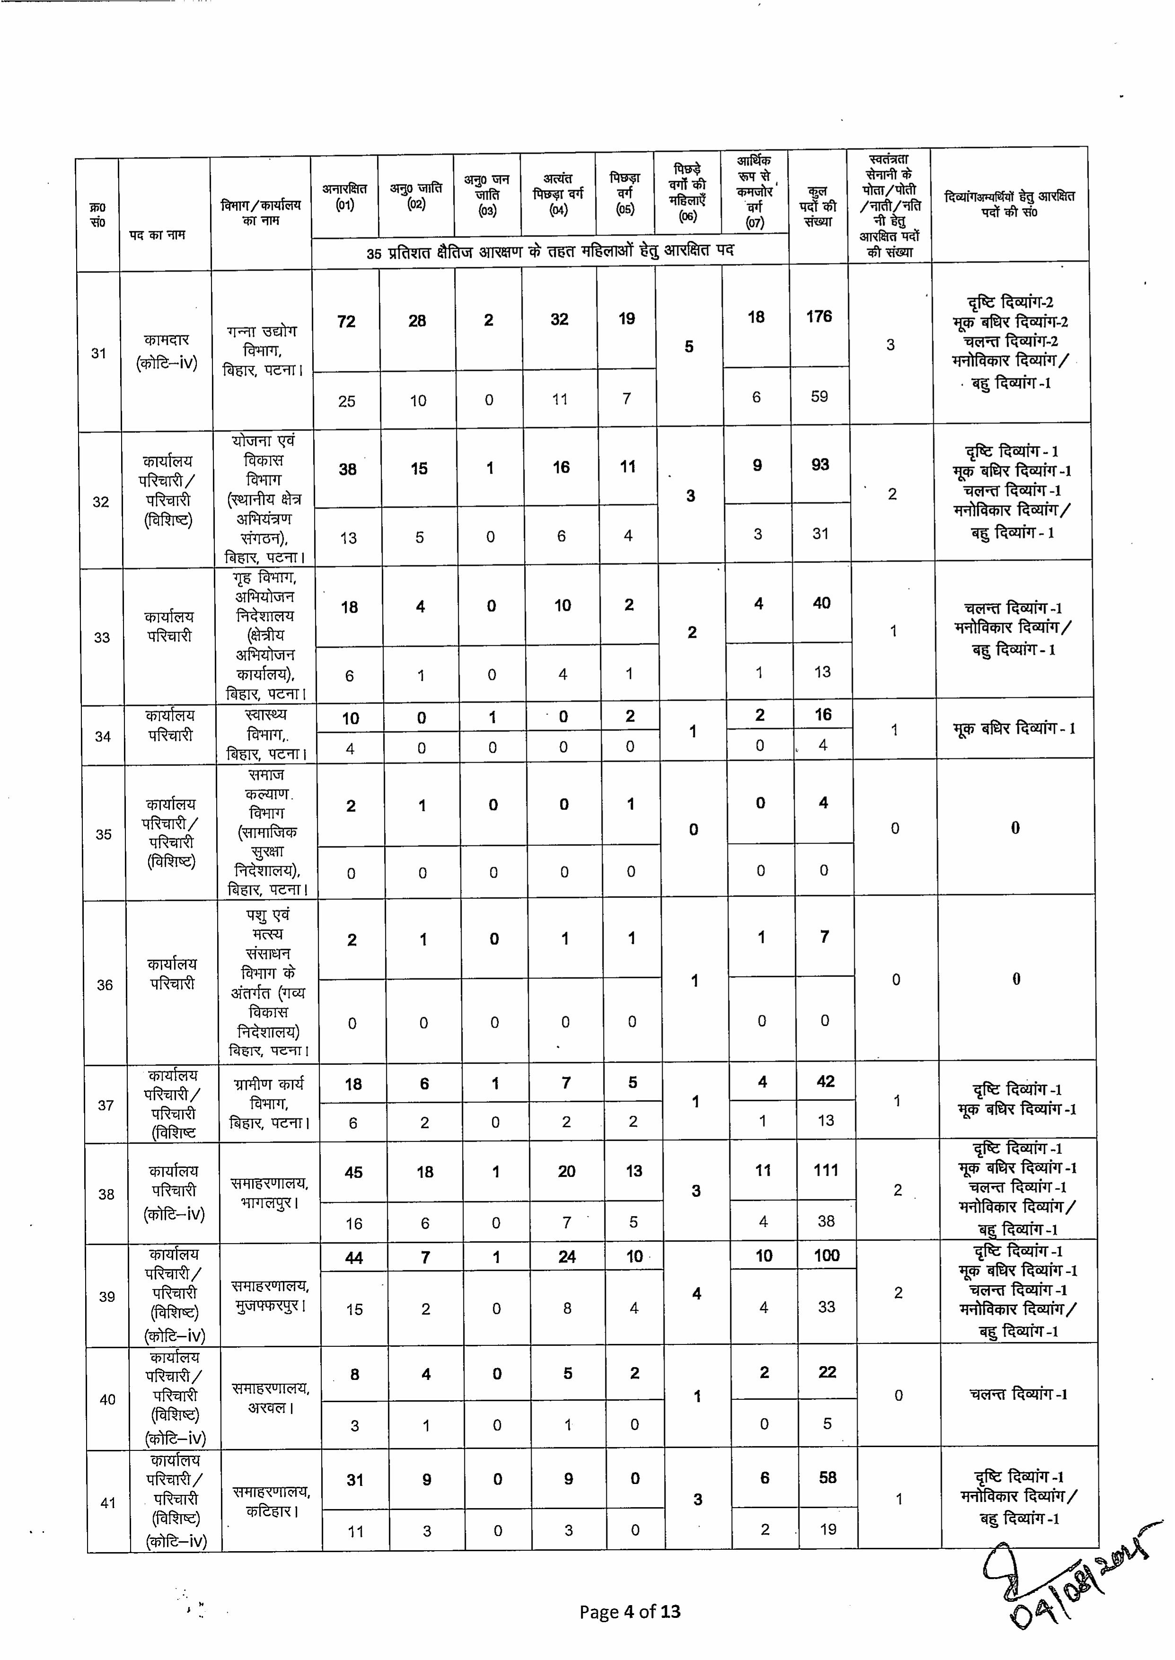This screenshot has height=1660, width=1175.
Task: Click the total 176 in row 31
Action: tap(819, 316)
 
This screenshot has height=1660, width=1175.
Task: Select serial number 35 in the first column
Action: tap(104, 834)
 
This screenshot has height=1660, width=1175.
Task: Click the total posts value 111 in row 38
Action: tap(825, 1170)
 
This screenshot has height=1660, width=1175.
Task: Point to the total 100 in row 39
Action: tap(826, 1256)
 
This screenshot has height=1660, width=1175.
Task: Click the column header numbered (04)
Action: tap(558, 194)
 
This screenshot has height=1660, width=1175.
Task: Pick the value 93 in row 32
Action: tap(820, 465)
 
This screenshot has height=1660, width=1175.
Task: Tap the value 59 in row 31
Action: tap(819, 396)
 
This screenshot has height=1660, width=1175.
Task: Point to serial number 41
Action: tap(108, 1503)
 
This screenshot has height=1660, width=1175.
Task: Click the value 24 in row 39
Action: tap(567, 1257)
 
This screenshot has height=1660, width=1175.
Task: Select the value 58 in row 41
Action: tap(828, 1478)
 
